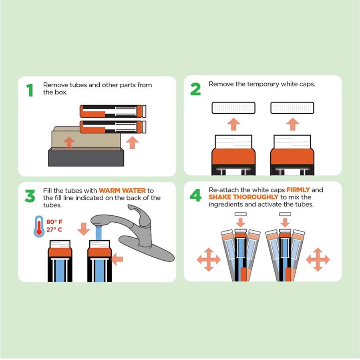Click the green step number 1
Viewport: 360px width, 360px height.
click(30, 90)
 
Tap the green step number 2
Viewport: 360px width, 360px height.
click(195, 89)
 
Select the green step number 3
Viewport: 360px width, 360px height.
click(30, 196)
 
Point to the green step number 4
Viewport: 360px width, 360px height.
click(195, 195)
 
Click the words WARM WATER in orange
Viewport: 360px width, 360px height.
click(122, 191)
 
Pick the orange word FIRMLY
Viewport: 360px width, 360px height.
click(298, 190)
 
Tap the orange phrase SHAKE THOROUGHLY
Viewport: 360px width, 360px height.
click(243, 197)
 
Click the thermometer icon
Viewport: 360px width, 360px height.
click(39, 226)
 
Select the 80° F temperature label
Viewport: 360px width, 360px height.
click(54, 222)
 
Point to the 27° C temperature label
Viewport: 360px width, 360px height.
click(54, 229)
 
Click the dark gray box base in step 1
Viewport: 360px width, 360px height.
click(86, 158)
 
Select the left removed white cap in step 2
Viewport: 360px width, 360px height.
click(233, 108)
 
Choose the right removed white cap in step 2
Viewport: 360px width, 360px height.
click(292, 108)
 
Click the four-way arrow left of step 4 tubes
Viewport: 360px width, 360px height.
click(209, 259)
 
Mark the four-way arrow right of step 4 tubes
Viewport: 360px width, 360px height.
click(318, 259)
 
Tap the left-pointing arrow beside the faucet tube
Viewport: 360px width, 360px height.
click(117, 259)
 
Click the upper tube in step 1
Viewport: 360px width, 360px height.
click(113, 111)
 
